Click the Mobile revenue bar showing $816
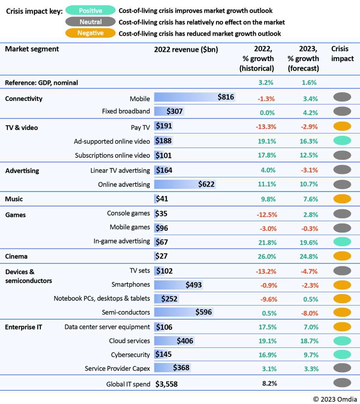pos(195,97)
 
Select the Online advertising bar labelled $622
pos(185,184)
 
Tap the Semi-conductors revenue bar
pos(183,312)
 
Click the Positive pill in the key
pos(91,11)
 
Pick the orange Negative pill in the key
pos(91,33)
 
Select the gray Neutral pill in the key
pos(91,22)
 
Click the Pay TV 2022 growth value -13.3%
pos(267,127)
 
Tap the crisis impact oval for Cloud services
pos(342,341)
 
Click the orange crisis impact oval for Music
pos(342,199)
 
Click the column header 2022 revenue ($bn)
pos(186,50)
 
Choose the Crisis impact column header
pos(342,54)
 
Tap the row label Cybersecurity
pos(130,354)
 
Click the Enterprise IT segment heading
pos(24,327)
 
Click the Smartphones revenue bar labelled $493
pos(178,285)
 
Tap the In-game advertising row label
pos(122,241)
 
